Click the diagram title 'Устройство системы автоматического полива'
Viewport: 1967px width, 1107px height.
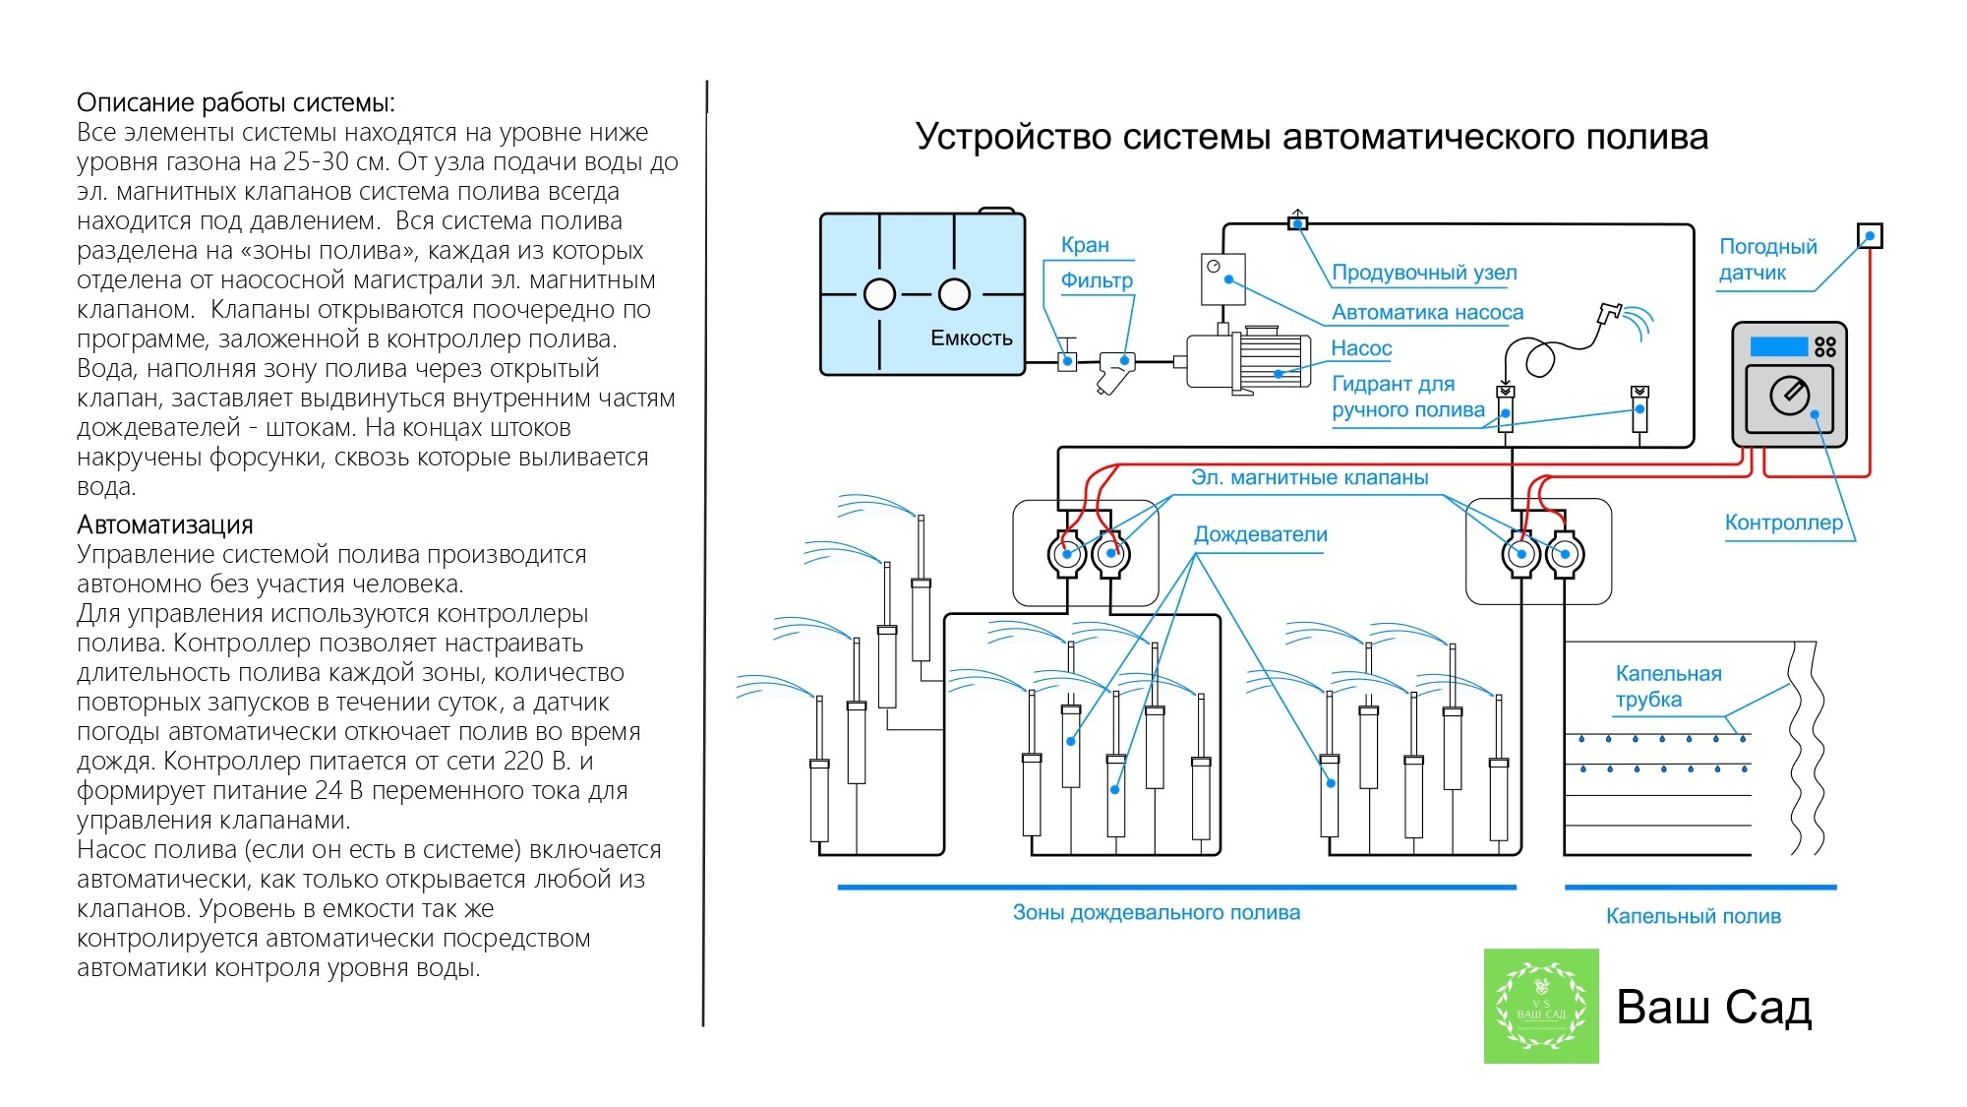click(1311, 137)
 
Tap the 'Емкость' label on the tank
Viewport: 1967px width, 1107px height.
click(971, 338)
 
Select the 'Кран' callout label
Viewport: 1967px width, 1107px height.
click(1084, 245)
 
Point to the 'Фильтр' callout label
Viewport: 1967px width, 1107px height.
click(1096, 280)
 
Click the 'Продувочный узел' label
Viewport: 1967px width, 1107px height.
click(1423, 273)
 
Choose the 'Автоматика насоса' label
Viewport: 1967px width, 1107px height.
click(1426, 313)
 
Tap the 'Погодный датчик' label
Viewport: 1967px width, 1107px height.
click(1766, 260)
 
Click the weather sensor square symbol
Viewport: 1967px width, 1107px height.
click(1869, 236)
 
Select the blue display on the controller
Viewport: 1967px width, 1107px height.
click(1778, 346)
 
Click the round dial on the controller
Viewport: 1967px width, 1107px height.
click(1789, 395)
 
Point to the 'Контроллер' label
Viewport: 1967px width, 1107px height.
click(1783, 523)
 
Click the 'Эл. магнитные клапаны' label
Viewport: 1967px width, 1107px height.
click(1309, 478)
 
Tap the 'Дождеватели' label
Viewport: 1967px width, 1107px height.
click(1260, 535)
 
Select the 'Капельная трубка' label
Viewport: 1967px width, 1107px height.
click(1668, 687)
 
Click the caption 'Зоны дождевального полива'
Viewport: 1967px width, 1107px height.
click(1156, 913)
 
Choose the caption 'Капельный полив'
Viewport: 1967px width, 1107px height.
click(1693, 917)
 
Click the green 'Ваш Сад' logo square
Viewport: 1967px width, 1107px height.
click(1540, 1006)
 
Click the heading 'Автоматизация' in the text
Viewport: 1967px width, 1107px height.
click(164, 524)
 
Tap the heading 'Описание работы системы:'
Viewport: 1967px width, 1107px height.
click(236, 103)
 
